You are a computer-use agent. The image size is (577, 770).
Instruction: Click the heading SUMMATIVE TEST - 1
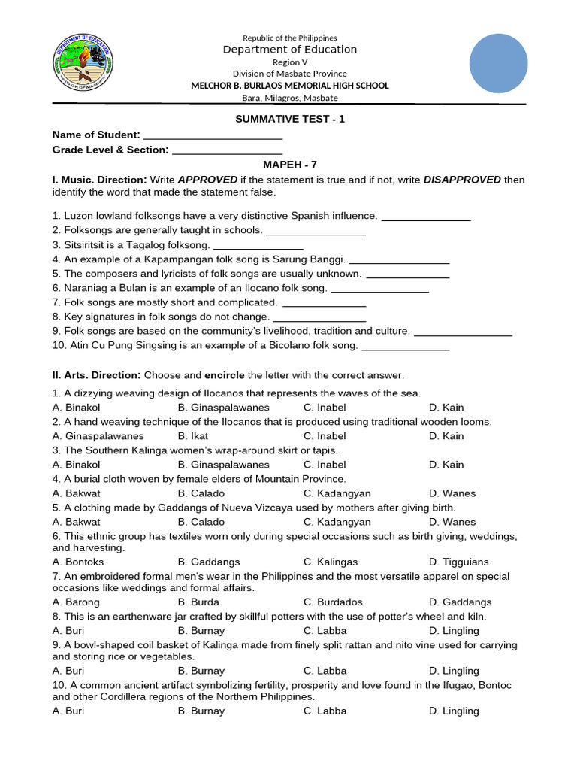click(x=290, y=119)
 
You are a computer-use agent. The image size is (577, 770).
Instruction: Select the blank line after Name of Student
click(x=213, y=135)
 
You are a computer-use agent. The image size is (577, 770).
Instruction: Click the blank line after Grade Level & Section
click(x=222, y=150)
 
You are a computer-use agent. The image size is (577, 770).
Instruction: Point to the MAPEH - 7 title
click(x=290, y=165)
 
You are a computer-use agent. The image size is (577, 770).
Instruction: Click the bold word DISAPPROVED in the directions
click(x=462, y=180)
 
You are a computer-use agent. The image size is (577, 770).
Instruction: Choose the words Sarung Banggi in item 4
click(x=312, y=259)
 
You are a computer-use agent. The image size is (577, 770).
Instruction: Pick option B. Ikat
click(x=193, y=435)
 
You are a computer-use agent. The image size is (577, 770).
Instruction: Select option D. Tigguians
click(x=458, y=562)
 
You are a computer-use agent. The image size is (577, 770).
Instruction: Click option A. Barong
click(x=76, y=602)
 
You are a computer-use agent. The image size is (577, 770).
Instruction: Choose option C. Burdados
click(x=333, y=602)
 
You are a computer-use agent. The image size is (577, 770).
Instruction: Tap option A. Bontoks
click(x=78, y=562)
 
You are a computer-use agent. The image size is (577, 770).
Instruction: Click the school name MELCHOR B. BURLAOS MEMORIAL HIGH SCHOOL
click(x=289, y=86)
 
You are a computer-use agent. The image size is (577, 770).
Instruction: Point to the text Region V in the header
click(x=289, y=62)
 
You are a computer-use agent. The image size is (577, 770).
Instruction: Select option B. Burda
click(x=198, y=602)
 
